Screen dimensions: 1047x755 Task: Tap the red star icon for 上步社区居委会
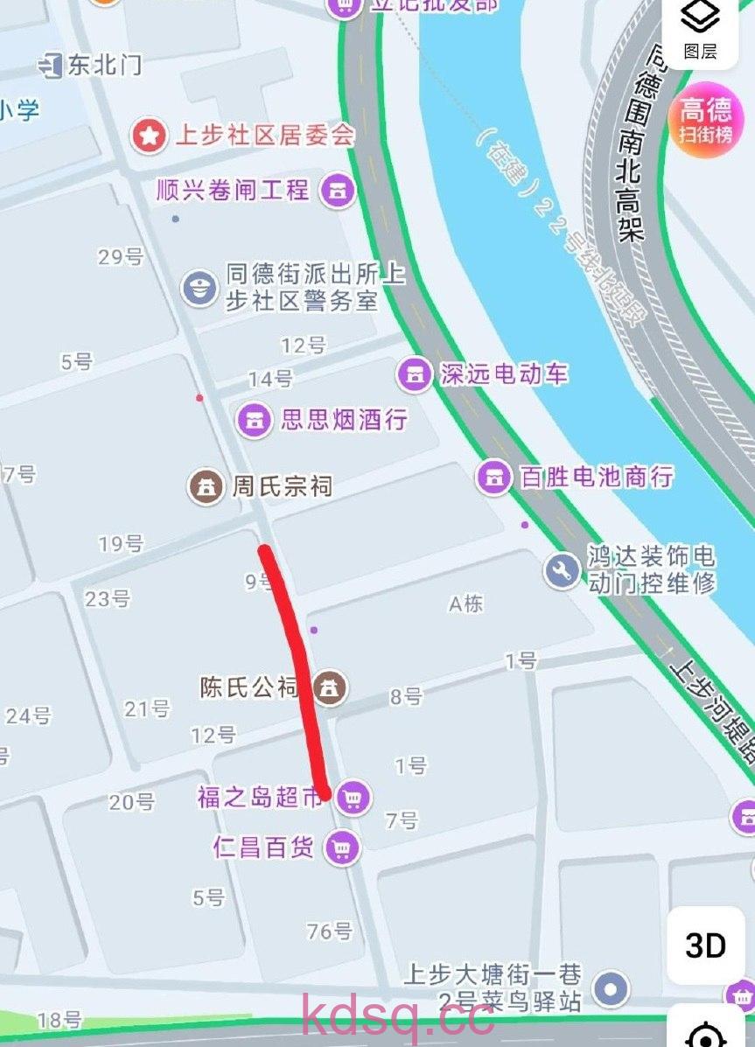pyautogui.click(x=149, y=136)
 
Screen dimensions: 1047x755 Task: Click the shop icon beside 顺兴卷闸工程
pyautogui.click(x=337, y=190)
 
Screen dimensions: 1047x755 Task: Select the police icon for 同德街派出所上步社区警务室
pyautogui.click(x=199, y=287)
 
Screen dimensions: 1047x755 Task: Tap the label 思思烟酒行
pyautogui.click(x=344, y=419)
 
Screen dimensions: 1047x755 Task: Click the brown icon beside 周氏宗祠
pyautogui.click(x=206, y=486)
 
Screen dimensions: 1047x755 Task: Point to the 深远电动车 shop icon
pyautogui.click(x=415, y=374)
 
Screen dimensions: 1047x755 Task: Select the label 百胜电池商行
pyautogui.click(x=597, y=478)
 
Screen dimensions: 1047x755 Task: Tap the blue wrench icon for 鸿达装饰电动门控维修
pyautogui.click(x=562, y=570)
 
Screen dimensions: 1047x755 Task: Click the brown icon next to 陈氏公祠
pyautogui.click(x=330, y=688)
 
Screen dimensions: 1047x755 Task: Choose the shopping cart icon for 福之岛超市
pyautogui.click(x=353, y=798)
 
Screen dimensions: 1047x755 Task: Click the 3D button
pyautogui.click(x=705, y=946)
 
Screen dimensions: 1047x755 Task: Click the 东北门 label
pyautogui.click(x=104, y=65)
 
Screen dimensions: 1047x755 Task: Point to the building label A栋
pyautogui.click(x=465, y=604)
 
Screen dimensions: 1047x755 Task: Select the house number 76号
pyautogui.click(x=330, y=931)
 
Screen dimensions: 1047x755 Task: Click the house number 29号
pyautogui.click(x=121, y=256)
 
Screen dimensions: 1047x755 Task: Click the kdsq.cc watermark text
pyautogui.click(x=398, y=1017)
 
